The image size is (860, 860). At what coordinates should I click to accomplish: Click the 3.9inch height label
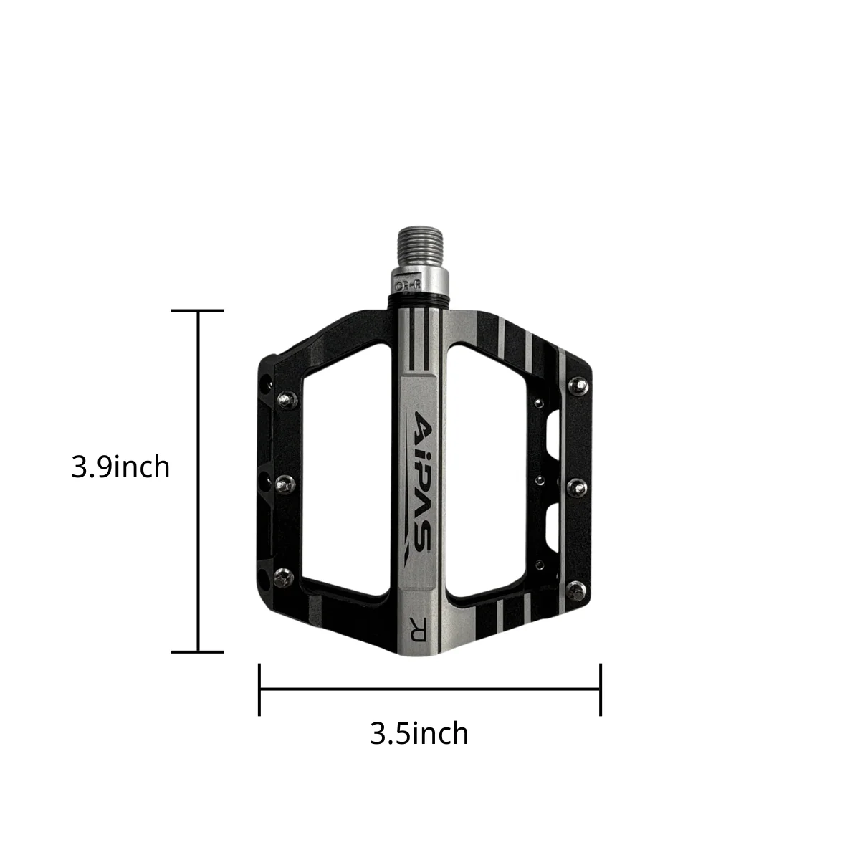pyautogui.click(x=120, y=467)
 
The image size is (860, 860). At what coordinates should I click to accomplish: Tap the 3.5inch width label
pyautogui.click(x=419, y=733)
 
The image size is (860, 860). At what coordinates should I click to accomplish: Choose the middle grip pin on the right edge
pyautogui.click(x=578, y=488)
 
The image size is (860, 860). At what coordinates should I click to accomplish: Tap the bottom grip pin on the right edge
pyautogui.click(x=575, y=589)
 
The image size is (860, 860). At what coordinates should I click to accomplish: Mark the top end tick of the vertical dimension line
pyautogui.click(x=198, y=310)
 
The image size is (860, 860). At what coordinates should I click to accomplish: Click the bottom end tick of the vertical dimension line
pyautogui.click(x=198, y=651)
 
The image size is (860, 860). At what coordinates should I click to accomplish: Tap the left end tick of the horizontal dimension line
pyautogui.click(x=259, y=689)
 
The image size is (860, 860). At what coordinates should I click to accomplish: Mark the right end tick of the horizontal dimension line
pyautogui.click(x=601, y=689)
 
